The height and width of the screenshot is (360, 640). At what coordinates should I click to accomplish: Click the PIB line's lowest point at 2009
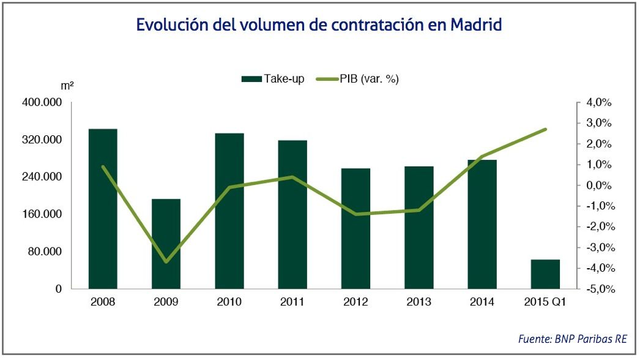point(166,262)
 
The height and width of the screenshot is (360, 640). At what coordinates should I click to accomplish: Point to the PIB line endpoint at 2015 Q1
point(545,129)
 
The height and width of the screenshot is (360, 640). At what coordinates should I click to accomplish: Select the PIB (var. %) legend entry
point(358,79)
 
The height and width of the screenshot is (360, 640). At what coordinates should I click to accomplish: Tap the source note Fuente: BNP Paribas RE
point(572,339)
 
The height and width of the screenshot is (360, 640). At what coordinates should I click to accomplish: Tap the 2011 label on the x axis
point(292,302)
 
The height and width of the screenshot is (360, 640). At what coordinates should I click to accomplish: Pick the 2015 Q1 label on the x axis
point(545,302)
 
